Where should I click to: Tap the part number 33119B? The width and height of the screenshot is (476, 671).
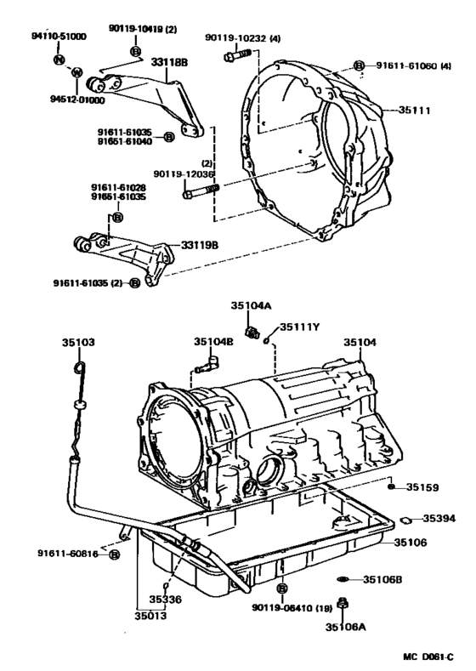coord(200,245)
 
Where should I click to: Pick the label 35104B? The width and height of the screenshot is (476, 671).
coord(213,342)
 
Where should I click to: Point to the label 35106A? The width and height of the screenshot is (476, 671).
coord(345,627)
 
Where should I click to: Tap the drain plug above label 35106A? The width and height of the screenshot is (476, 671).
coord(343,605)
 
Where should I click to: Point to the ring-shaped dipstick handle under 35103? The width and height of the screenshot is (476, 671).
coord(78,368)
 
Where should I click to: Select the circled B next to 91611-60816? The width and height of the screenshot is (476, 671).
coord(114,554)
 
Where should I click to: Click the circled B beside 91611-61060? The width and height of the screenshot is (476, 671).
coord(360,65)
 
